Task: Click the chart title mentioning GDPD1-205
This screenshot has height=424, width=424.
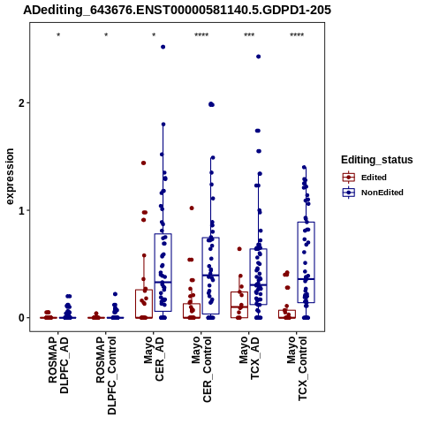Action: [x=178, y=11]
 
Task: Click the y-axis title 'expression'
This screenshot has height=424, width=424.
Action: [x=10, y=177]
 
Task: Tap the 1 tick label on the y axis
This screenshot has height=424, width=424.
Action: [x=22, y=210]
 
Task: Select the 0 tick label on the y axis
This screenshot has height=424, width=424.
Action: [x=22, y=318]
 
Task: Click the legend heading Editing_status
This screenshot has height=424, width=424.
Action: [x=377, y=160]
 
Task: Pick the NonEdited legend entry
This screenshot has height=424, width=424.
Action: [x=373, y=193]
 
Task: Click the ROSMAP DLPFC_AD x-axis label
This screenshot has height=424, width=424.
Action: [x=58, y=365]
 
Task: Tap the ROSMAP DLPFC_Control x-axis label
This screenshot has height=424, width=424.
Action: [x=106, y=375]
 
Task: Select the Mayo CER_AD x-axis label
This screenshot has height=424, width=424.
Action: [x=154, y=360]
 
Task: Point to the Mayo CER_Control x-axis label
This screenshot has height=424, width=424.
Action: [x=201, y=369]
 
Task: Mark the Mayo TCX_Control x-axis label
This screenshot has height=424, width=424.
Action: [x=297, y=368]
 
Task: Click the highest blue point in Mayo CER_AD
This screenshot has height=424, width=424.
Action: [x=163, y=47]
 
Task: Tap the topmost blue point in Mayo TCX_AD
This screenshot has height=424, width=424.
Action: [x=258, y=57]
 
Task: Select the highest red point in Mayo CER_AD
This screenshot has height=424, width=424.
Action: [x=144, y=163]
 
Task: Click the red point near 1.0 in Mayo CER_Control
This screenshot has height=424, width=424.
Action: [x=192, y=208]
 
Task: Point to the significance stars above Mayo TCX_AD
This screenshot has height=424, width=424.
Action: [x=249, y=34]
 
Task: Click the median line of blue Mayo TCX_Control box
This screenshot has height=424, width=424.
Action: [x=307, y=279]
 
